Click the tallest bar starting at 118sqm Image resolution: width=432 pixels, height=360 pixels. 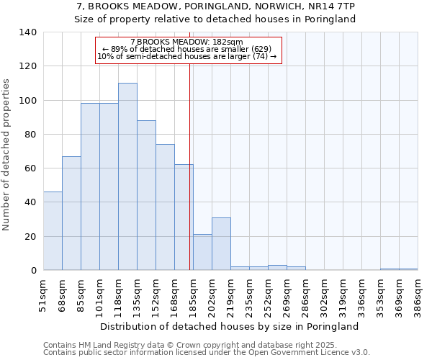(127, 176)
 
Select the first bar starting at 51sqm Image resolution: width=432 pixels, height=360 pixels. (53, 230)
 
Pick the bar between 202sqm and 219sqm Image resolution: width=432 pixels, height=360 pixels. (221, 244)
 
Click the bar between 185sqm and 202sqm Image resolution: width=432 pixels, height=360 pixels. (202, 252)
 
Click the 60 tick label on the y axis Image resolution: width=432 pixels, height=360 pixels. (30, 168)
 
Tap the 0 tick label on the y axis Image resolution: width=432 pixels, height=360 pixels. (33, 271)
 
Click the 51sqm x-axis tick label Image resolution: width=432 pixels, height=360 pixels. (43, 297)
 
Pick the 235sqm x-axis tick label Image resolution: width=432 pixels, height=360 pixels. (249, 297)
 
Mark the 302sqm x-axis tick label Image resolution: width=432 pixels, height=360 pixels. (324, 297)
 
